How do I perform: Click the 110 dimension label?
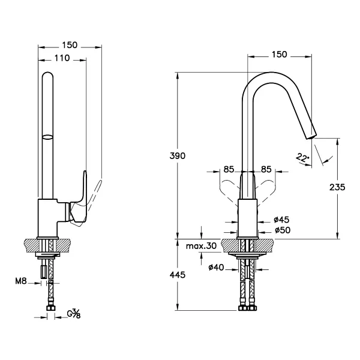coord(62,58)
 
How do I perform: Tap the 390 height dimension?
coord(177,156)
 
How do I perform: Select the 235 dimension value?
coord(337,187)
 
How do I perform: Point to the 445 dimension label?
coord(177,275)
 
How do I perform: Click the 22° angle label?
coord(302,158)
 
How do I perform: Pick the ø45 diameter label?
coord(281,220)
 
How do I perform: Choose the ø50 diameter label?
coord(283,230)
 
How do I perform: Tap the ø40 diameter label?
coord(216,267)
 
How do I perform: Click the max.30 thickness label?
coord(201,246)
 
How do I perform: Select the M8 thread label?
coord(21,281)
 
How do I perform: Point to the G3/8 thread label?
coord(73,314)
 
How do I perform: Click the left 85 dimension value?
coord(229,169)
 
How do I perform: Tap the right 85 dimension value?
coord(266,169)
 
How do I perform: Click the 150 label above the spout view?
coord(279,55)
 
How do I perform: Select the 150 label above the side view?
coord(70,45)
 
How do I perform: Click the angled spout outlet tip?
coord(311,136)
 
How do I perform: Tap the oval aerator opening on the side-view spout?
coord(47,137)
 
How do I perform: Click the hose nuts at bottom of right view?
coord(247,308)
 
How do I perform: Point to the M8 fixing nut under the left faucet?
coord(44,272)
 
